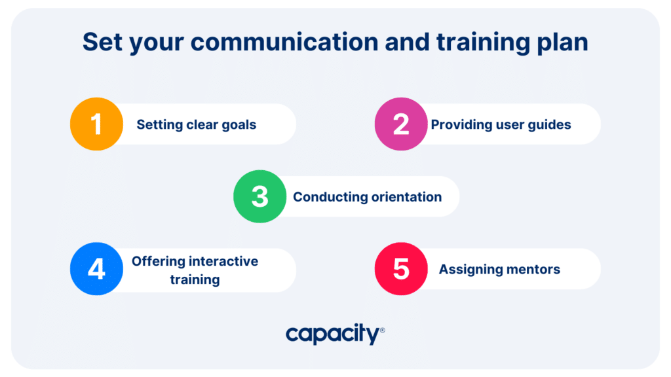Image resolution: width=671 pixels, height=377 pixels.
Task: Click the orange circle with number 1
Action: tap(97, 124)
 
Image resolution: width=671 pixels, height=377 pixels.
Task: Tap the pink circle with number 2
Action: tap(401, 124)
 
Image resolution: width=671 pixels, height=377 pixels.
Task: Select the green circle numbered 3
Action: tap(259, 196)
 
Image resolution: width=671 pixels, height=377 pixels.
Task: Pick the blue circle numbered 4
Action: tap(97, 269)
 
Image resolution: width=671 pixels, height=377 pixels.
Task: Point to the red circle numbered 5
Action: tap(401, 269)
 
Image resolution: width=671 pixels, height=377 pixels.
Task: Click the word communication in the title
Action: tap(284, 42)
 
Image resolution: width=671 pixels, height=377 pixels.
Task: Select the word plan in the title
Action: tap(562, 43)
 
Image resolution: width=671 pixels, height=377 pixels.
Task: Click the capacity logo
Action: tap(335, 334)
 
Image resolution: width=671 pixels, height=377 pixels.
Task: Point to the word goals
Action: tap(239, 125)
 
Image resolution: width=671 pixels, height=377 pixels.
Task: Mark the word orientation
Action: tap(406, 197)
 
